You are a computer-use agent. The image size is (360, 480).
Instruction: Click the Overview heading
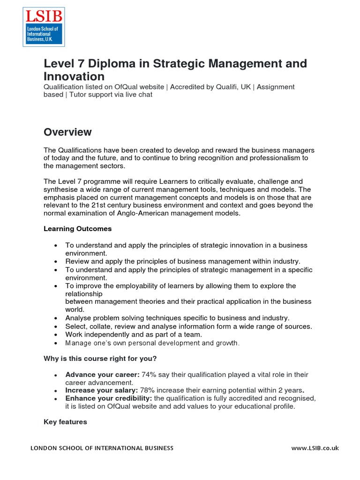pyautogui.click(x=67, y=132)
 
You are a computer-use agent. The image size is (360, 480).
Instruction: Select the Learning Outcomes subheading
pyautogui.click(x=77, y=229)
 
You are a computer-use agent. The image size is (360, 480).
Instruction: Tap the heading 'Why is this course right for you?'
pyautogui.click(x=100, y=359)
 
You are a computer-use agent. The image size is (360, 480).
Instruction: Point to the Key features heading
pyautogui.click(x=65, y=422)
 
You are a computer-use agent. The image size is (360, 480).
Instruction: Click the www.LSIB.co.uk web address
pyautogui.click(x=315, y=448)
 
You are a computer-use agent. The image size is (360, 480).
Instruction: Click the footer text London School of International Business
pyautogui.click(x=102, y=448)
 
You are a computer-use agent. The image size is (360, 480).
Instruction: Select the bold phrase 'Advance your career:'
pyautogui.click(x=96, y=375)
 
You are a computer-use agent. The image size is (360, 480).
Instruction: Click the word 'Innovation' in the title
pyautogui.click(x=74, y=76)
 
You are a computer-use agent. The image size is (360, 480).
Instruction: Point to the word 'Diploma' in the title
pyautogui.click(x=110, y=63)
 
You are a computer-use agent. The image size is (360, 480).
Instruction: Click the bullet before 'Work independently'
pyautogui.click(x=56, y=335)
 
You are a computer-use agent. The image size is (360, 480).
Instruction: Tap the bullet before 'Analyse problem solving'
pyautogui.click(x=56, y=318)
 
